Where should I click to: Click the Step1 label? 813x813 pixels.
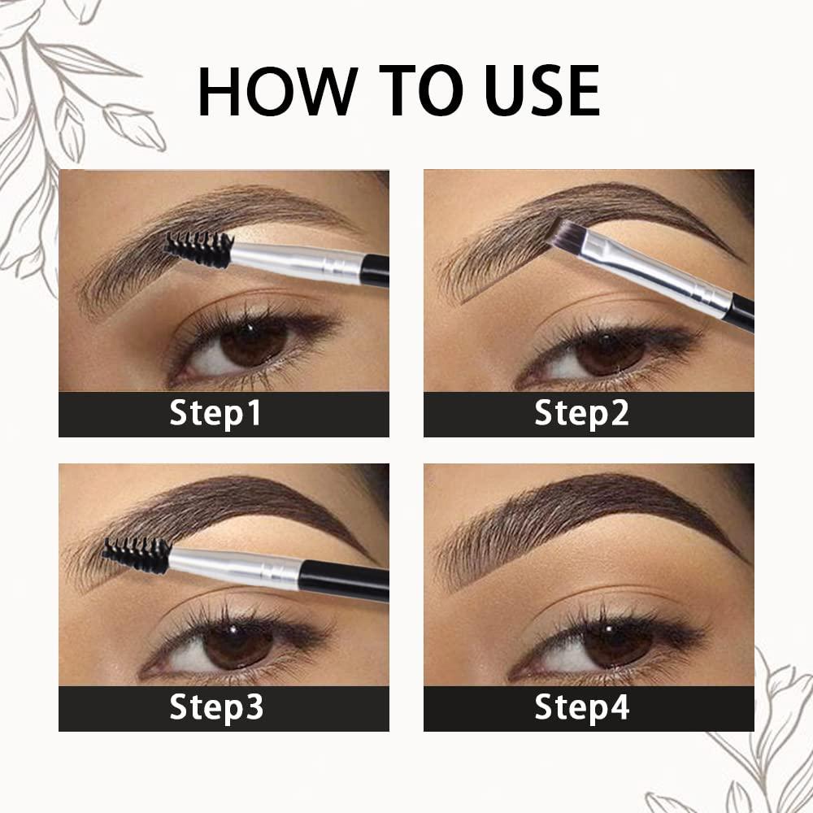click(x=215, y=414)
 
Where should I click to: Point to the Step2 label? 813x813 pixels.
click(x=581, y=414)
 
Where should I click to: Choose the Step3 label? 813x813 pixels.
click(x=216, y=707)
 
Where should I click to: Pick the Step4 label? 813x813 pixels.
click(x=581, y=707)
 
